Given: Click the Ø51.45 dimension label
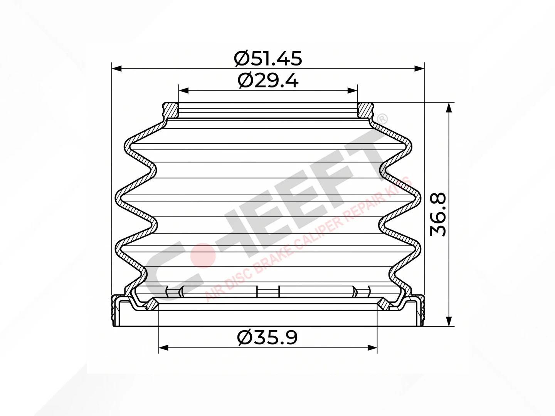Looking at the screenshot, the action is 268,58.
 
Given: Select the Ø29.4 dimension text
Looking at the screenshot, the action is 268,81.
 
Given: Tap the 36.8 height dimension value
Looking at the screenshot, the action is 438,214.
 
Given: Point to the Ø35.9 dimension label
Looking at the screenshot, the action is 267,338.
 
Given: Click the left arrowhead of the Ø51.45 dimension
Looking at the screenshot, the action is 116,69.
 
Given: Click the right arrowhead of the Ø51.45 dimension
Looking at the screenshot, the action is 419,69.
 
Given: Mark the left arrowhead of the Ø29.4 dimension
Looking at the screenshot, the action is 183,91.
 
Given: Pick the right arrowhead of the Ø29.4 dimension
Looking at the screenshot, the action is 353,91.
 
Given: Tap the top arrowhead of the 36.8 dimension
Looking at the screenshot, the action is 449,107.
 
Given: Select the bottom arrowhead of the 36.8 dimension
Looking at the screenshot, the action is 449,321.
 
